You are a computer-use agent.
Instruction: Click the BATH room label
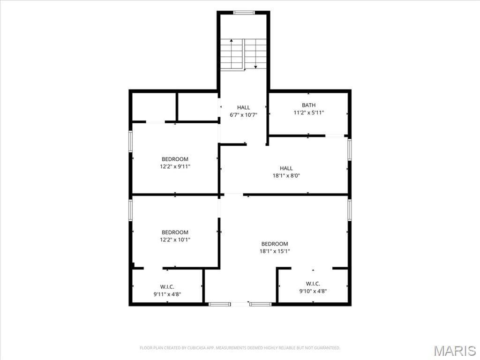coord(308,105)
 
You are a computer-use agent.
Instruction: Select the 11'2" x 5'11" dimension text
coord(308,112)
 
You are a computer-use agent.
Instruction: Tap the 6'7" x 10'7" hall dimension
coord(243,115)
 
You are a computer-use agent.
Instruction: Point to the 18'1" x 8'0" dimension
coord(286,176)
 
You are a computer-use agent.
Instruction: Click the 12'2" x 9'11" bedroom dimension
coord(175,166)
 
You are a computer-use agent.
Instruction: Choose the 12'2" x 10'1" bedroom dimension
coord(175,240)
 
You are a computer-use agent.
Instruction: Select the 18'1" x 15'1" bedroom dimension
coord(275,251)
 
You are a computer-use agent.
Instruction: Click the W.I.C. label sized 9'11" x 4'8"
coord(167,287)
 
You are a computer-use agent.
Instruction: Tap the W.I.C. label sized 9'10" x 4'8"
coord(313,284)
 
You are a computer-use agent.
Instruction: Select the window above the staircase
coord(244,13)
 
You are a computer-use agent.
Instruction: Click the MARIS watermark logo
coord(455,351)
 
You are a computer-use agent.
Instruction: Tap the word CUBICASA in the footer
coord(198,348)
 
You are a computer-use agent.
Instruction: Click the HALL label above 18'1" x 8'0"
coord(286,168)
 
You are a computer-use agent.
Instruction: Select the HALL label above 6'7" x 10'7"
coord(243,107)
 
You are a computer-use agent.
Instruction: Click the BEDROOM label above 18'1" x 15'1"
coord(275,244)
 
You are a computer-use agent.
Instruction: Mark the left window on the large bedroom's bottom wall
coord(219,304)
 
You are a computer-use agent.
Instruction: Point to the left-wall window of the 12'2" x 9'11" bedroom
coord(130,141)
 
